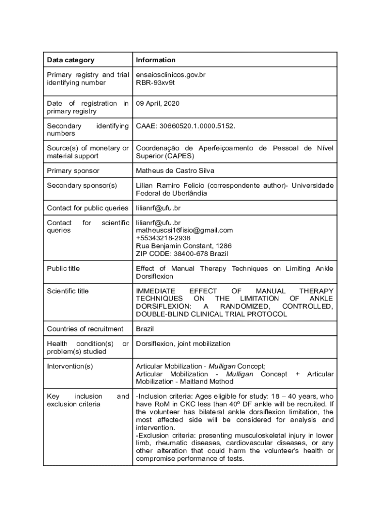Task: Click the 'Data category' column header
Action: (70, 60)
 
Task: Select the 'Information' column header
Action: (156, 60)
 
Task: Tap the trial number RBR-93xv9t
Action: (155, 82)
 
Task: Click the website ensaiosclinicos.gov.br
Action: (170, 75)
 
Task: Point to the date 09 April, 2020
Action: (158, 104)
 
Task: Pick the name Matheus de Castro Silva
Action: (175, 170)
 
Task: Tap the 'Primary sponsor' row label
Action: (73, 170)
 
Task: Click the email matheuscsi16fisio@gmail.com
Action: (184, 230)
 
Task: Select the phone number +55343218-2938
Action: (163, 238)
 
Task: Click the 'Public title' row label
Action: (63, 268)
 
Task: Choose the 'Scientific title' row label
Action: (68, 291)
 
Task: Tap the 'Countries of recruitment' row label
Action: (85, 329)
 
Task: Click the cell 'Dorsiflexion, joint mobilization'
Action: (183, 343)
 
